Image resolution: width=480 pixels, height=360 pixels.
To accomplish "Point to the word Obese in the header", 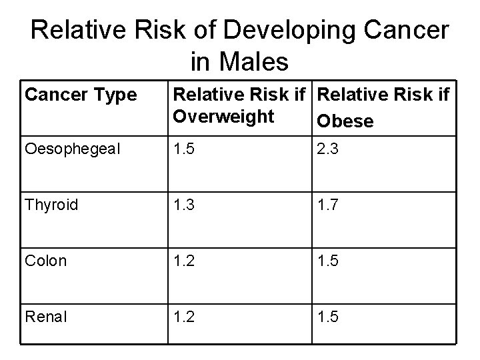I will click(x=345, y=122).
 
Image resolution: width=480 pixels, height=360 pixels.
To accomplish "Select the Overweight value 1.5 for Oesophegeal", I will click(x=183, y=149).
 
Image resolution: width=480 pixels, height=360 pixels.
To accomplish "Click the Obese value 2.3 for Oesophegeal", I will click(x=328, y=149).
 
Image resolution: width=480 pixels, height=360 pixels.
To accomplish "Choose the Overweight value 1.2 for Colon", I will click(x=183, y=261).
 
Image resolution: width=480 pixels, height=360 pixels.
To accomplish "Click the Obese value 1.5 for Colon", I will click(x=328, y=261).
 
